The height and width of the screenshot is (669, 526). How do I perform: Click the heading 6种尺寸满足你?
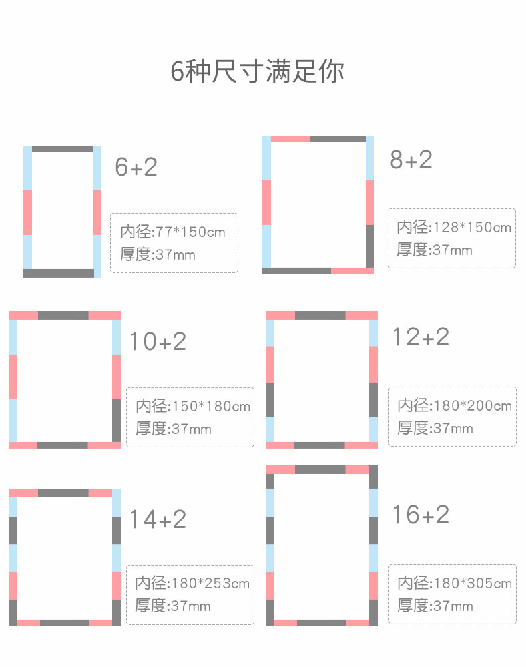(257, 71)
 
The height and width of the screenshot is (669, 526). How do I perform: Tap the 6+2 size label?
(136, 167)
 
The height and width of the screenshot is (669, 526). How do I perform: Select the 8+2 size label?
(411, 160)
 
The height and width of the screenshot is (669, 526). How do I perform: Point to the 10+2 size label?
(157, 341)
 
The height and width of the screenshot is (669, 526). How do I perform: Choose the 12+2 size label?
(419, 337)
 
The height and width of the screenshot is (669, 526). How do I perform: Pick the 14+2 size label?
(157, 519)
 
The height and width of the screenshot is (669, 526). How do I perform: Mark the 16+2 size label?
(419, 515)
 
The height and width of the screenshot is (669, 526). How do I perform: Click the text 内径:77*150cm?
(172, 232)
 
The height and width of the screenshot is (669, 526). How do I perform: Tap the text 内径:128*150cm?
(454, 227)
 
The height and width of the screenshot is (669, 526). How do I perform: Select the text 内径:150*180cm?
(193, 406)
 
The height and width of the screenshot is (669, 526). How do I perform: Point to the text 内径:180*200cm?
(455, 405)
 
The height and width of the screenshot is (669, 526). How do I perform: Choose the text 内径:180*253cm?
(192, 584)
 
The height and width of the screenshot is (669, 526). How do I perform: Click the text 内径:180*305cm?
(455, 584)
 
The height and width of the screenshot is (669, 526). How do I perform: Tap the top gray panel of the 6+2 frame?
(62, 150)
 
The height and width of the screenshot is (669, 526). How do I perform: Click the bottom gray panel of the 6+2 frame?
(59, 273)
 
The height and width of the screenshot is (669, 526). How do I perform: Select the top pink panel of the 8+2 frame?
(290, 139)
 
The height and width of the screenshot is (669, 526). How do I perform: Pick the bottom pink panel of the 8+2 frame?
(352, 271)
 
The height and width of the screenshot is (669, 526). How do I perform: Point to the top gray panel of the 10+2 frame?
(63, 315)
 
